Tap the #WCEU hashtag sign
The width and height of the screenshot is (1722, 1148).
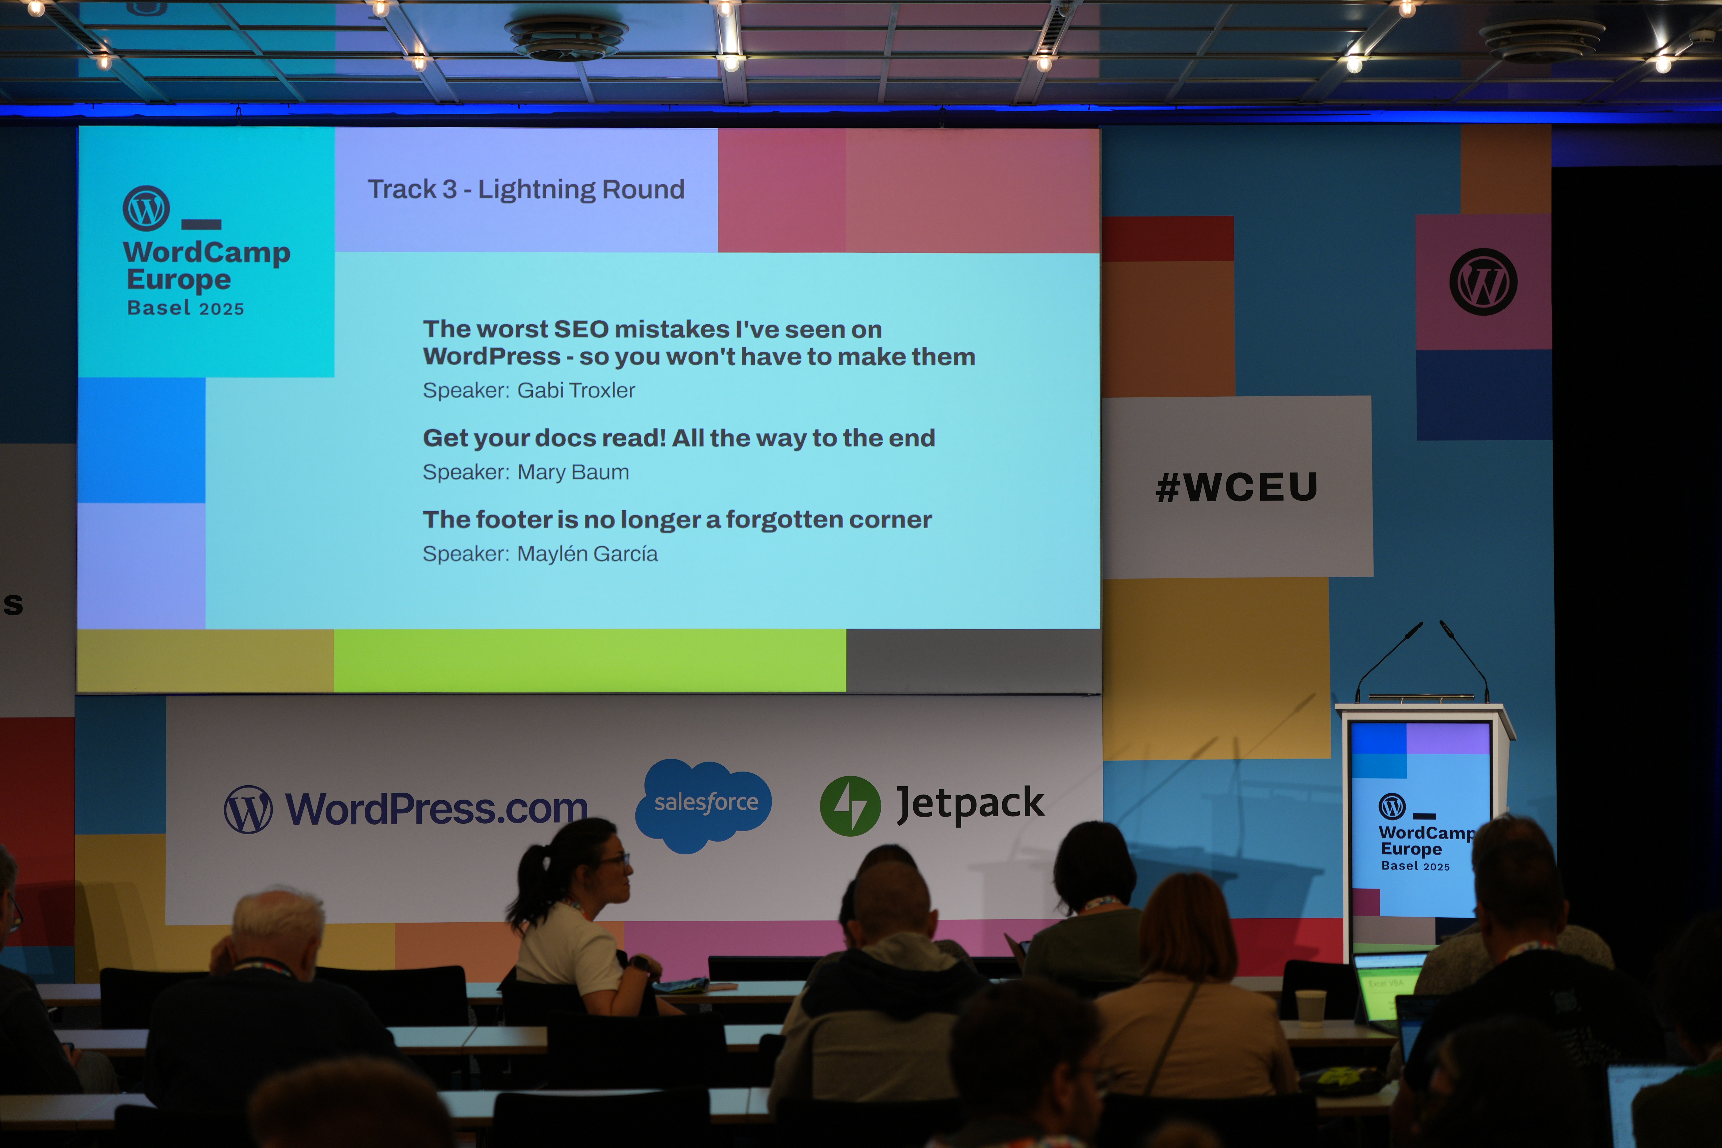pyautogui.click(x=1237, y=487)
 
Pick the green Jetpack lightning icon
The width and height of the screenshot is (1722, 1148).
pyautogui.click(x=850, y=806)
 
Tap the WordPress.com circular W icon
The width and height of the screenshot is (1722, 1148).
pyautogui.click(x=248, y=810)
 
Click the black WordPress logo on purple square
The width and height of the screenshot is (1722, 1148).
pyautogui.click(x=1483, y=282)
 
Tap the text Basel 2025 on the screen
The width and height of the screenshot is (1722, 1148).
pyautogui.click(x=185, y=308)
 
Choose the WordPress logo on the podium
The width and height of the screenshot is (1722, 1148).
pyautogui.click(x=1392, y=806)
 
